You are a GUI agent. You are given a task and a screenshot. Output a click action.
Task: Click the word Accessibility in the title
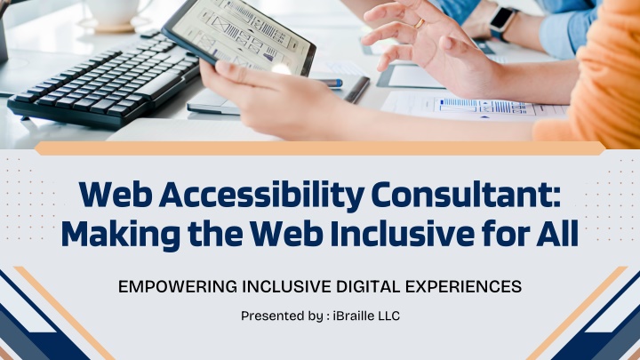click(x=262, y=196)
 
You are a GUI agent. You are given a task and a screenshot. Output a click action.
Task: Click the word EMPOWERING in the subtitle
click(x=178, y=286)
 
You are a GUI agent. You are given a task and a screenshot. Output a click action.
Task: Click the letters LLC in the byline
click(x=389, y=316)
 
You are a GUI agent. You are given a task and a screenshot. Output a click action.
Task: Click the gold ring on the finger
click(x=420, y=24)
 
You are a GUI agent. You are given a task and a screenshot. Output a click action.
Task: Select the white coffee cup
click(x=111, y=12)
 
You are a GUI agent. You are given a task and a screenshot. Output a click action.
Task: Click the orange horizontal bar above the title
click(x=320, y=148)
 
